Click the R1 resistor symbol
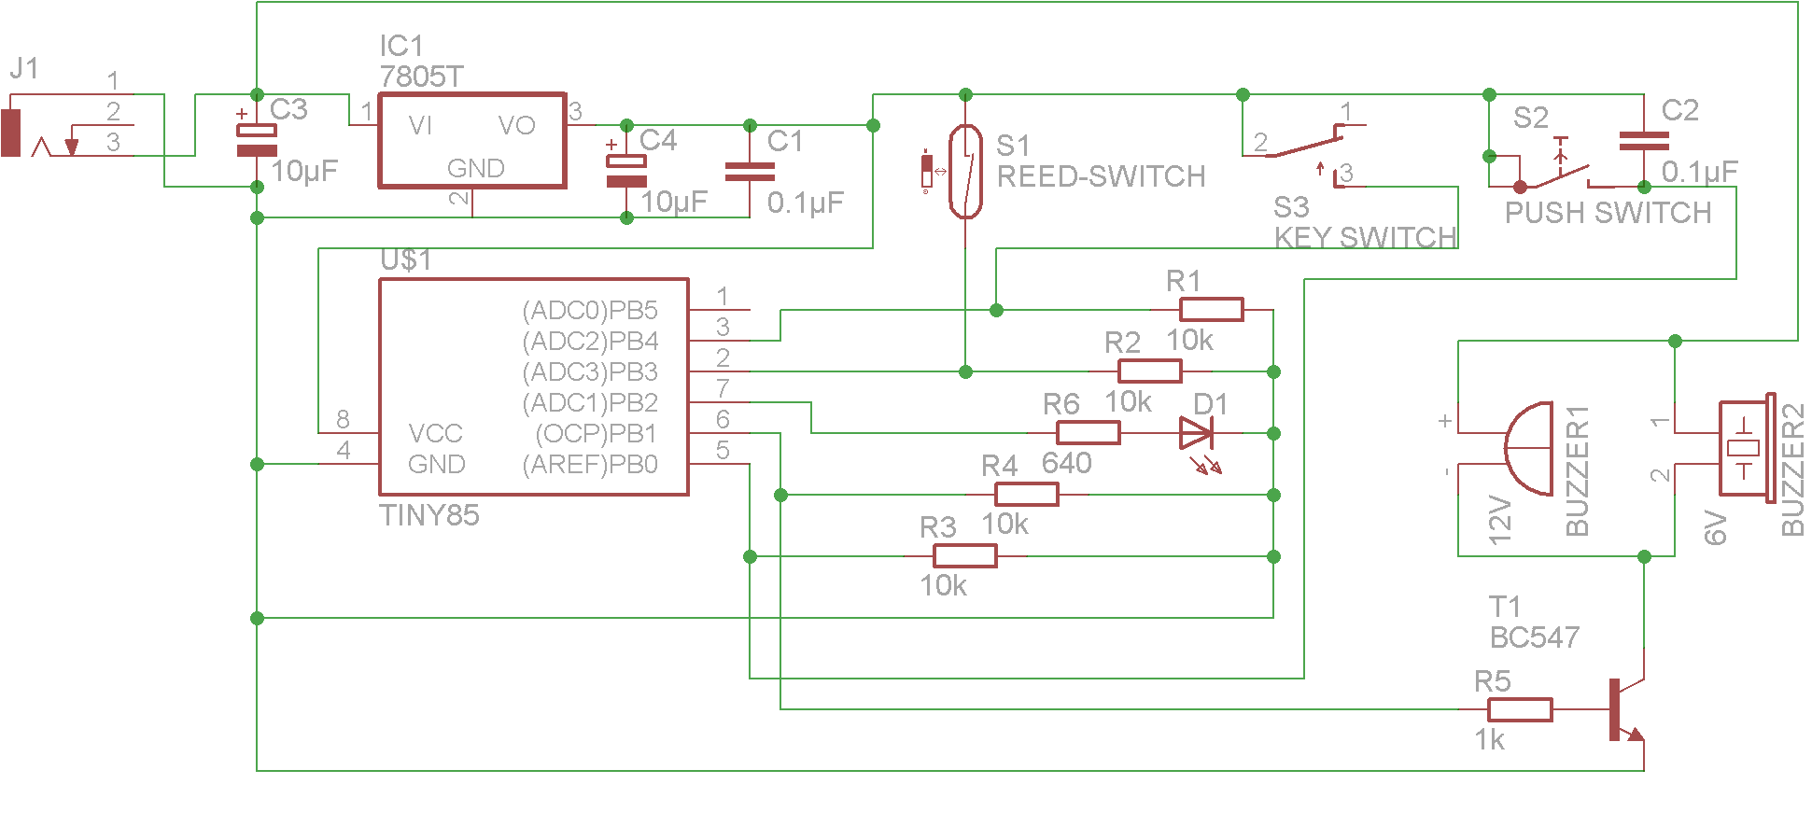pyautogui.click(x=1211, y=310)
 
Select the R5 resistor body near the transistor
pyautogui.click(x=1520, y=710)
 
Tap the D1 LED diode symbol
pyautogui.click(x=1196, y=433)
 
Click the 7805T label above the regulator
pyautogui.click(x=421, y=77)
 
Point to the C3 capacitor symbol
pyautogui.click(x=257, y=140)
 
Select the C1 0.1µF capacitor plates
pyautogui.click(x=750, y=172)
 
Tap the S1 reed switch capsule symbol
pyautogui.click(x=965, y=172)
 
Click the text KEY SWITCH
pyautogui.click(x=1365, y=238)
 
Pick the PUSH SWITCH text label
pyautogui.click(x=1608, y=213)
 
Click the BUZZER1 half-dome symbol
pyautogui.click(x=1530, y=449)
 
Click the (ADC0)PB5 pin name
pyautogui.click(x=589, y=310)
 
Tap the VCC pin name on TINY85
pyautogui.click(x=435, y=434)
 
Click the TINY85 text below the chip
pyautogui.click(x=428, y=515)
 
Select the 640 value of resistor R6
pyautogui.click(x=1066, y=463)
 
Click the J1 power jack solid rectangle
pyautogui.click(x=10, y=133)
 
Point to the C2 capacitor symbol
pyautogui.click(x=1644, y=141)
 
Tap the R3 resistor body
pyautogui.click(x=964, y=556)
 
